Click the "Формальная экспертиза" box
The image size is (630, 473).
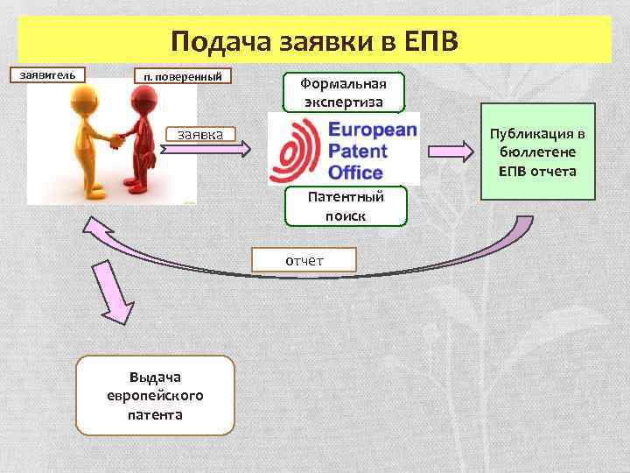(x=345, y=92)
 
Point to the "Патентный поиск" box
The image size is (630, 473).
(x=345, y=206)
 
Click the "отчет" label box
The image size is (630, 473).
(x=304, y=260)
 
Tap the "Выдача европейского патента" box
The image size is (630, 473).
(x=155, y=395)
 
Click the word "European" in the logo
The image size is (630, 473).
(x=371, y=130)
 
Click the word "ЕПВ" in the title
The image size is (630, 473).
(x=437, y=41)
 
